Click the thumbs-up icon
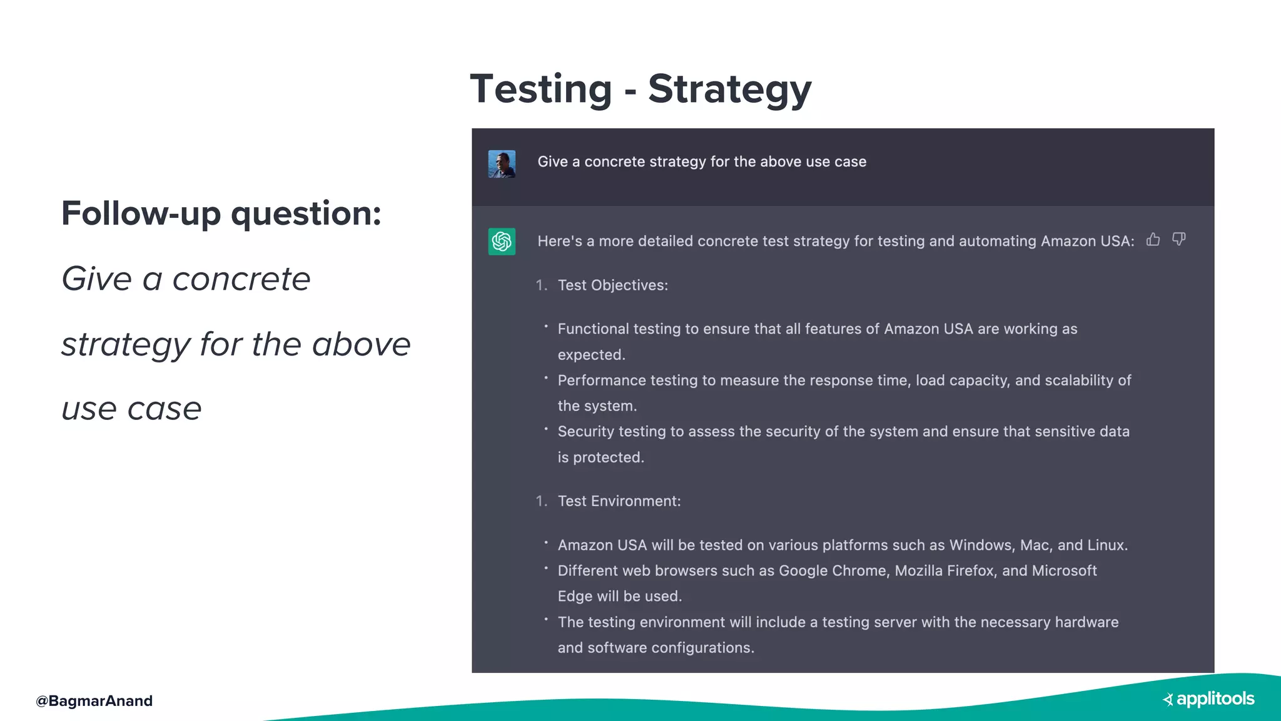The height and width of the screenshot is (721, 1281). (1153, 240)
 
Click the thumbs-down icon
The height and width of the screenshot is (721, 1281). (1179, 240)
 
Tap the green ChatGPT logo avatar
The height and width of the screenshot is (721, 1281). (502, 242)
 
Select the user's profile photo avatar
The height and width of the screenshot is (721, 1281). (502, 164)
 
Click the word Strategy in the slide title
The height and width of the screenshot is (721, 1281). (729, 89)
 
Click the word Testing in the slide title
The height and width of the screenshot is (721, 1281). (541, 89)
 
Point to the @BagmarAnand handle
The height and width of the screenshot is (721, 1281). (94, 701)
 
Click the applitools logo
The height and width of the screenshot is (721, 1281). (1208, 699)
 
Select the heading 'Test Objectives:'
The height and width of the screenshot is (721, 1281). (612, 285)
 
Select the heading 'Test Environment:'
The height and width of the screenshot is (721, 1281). (619, 501)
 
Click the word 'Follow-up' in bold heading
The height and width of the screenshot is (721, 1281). (141, 214)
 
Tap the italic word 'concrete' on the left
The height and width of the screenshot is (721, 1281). (241, 279)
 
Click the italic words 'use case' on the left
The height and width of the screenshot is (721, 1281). (131, 410)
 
